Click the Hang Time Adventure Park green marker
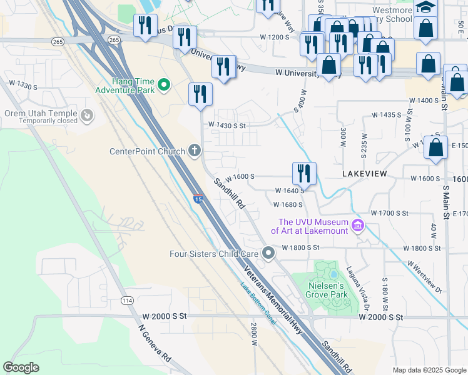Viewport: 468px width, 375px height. click(165, 84)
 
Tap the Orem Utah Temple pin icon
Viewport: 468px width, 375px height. click(87, 115)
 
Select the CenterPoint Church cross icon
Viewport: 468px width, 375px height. click(195, 151)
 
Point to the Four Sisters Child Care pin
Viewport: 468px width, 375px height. click(268, 253)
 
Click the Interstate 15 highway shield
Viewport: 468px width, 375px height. click(198, 199)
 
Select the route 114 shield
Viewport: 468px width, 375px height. click(127, 301)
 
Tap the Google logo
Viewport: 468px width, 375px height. click(21, 367)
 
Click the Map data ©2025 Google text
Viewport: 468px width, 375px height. click(429, 370)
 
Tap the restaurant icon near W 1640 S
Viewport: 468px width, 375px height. click(304, 172)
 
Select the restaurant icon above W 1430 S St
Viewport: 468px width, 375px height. click(201, 94)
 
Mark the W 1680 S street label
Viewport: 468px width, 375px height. click(288, 204)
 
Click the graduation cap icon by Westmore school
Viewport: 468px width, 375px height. click(425, 7)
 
